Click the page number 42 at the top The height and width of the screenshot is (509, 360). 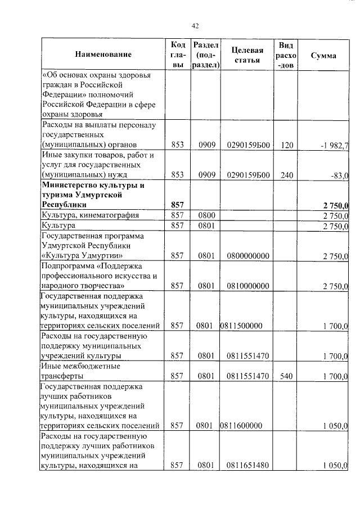195,26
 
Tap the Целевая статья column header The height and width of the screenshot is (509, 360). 248,55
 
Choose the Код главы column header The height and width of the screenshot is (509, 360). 178,55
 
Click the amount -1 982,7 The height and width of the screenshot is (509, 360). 335,145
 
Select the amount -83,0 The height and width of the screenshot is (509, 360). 339,175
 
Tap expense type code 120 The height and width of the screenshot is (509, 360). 287,145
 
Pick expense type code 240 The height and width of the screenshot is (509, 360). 287,175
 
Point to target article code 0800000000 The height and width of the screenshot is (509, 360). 248,256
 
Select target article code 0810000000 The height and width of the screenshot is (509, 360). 248,286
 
